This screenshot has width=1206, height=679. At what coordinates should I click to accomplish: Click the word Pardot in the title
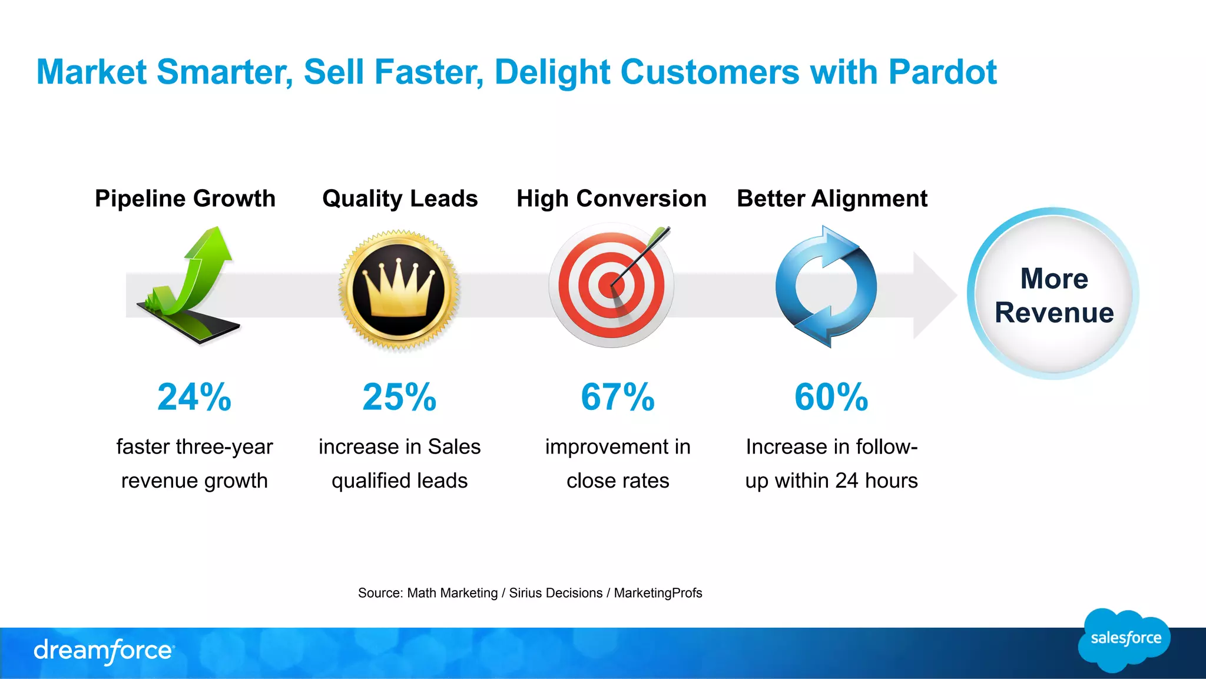pyautogui.click(x=942, y=72)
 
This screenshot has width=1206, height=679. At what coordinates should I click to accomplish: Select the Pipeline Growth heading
pyautogui.click(x=185, y=198)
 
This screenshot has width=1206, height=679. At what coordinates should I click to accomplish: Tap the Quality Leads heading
pyautogui.click(x=400, y=198)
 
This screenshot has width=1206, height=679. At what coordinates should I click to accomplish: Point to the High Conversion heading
pyautogui.click(x=611, y=198)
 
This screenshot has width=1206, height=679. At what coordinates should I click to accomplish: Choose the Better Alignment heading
pyautogui.click(x=831, y=198)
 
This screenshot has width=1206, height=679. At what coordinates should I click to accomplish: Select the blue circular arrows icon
pyautogui.click(x=826, y=287)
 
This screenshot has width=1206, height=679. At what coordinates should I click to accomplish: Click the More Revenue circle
pyautogui.click(x=1053, y=294)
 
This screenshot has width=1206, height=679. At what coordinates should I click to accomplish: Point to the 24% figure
pyautogui.click(x=194, y=397)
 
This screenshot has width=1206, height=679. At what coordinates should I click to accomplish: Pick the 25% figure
pyautogui.click(x=399, y=397)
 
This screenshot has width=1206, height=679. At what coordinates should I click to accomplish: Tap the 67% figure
pyautogui.click(x=617, y=397)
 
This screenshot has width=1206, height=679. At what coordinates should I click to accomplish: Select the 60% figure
pyautogui.click(x=831, y=397)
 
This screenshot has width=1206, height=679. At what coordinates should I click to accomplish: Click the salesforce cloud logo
pyautogui.click(x=1125, y=640)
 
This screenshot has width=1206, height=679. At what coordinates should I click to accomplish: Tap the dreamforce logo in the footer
pyautogui.click(x=104, y=651)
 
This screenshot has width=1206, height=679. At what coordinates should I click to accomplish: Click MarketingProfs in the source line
pyautogui.click(x=658, y=593)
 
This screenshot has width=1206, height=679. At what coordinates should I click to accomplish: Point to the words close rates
pyautogui.click(x=617, y=481)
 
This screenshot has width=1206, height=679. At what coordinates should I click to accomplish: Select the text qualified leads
pyautogui.click(x=399, y=481)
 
